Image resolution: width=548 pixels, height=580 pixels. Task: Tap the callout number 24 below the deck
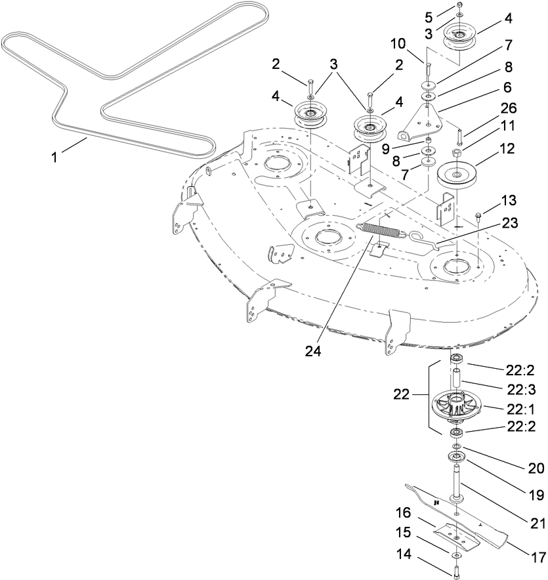pos(312,350)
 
